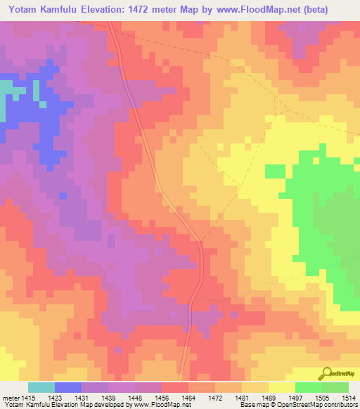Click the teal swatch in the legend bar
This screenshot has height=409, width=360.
pyautogui.click(x=41, y=387)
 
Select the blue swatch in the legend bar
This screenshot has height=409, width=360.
pyautogui.click(x=67, y=387)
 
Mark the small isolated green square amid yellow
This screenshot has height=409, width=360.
pyautogui.click(x=275, y=171)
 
